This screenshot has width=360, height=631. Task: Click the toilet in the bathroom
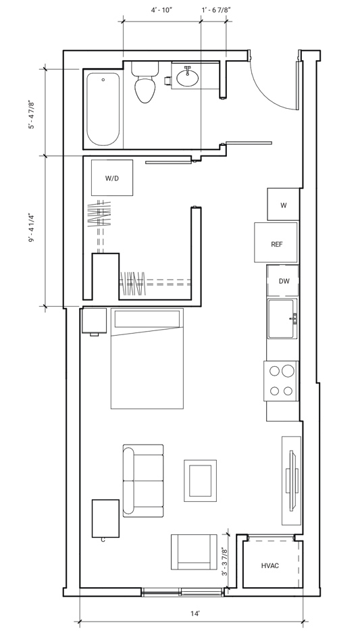[x=145, y=82]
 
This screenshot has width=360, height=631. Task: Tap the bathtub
[x=103, y=109]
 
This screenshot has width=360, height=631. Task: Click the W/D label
[x=112, y=178]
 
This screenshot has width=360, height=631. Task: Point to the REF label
[x=276, y=244]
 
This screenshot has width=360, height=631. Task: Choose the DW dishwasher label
[x=284, y=281]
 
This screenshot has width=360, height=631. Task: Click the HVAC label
[x=270, y=565]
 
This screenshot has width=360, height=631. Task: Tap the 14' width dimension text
[x=195, y=613]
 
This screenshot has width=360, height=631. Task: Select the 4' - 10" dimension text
[x=161, y=10]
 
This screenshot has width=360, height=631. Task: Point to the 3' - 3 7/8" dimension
[x=225, y=562]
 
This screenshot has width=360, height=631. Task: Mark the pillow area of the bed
[x=147, y=318]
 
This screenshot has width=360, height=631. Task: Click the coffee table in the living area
[x=201, y=480]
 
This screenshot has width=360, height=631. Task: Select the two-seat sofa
[x=143, y=480]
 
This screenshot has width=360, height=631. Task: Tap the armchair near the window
[x=194, y=551]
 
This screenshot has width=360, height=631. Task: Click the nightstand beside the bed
[x=94, y=321]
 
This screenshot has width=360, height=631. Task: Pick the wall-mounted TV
[x=292, y=481]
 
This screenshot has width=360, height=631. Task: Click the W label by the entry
[x=284, y=205]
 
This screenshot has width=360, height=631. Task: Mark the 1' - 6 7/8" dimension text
[x=215, y=10]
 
